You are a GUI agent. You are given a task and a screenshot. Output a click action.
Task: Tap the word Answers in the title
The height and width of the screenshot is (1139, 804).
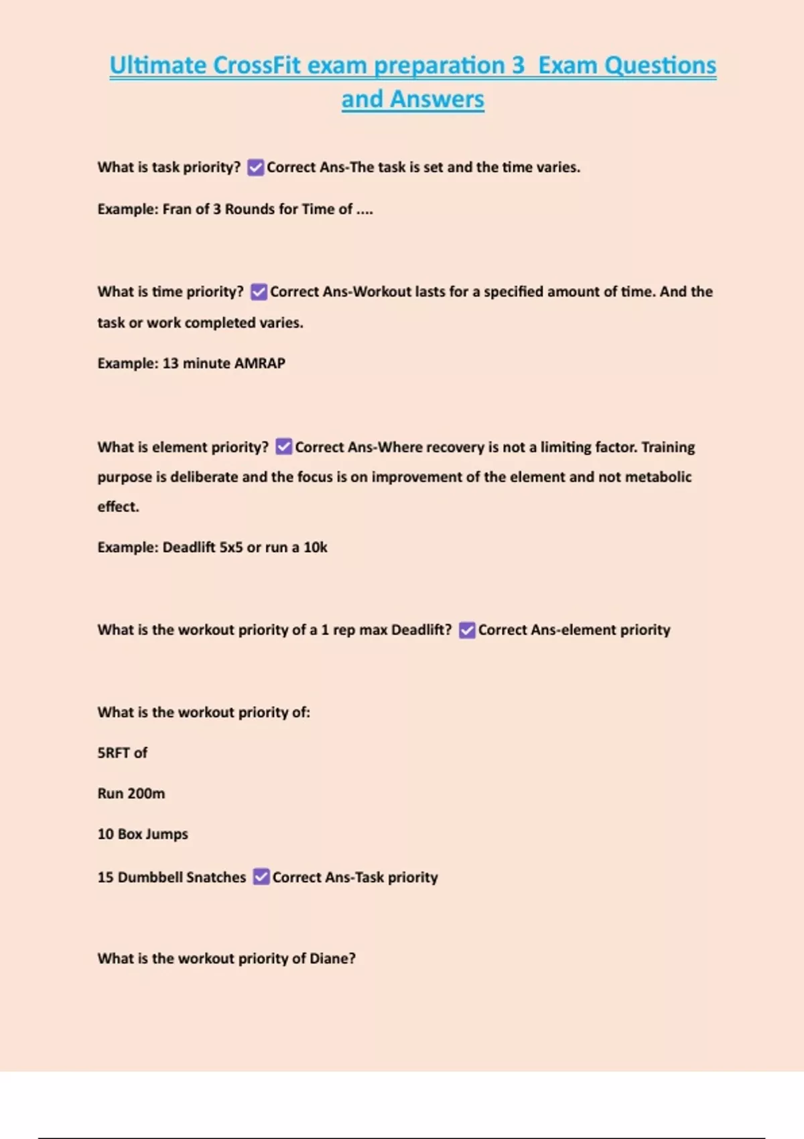[x=437, y=99]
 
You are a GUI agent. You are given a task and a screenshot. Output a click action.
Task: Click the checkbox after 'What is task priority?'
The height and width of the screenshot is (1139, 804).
[x=255, y=167]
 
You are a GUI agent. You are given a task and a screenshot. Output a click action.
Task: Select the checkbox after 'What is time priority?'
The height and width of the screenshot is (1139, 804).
[x=259, y=292]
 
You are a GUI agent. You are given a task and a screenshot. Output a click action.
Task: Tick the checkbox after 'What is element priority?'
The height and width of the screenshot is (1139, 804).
[x=284, y=447]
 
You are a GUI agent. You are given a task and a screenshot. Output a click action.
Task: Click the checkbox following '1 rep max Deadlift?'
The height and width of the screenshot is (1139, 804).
[x=467, y=630]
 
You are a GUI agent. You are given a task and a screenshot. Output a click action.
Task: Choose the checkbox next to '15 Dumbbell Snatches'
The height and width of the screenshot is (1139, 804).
[x=261, y=877]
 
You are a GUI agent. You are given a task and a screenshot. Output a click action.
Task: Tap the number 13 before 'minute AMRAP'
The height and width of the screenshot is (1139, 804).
[x=170, y=363]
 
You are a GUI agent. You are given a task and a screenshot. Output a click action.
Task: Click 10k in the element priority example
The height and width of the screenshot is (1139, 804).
[x=316, y=547]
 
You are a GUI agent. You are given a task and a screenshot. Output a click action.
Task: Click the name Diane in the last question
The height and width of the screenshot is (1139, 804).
[x=332, y=959]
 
